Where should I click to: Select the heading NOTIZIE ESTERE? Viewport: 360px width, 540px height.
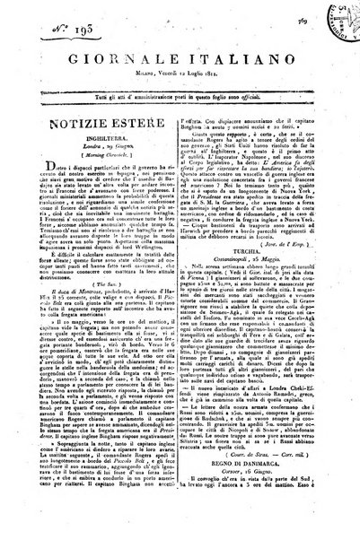click(x=99, y=125)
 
